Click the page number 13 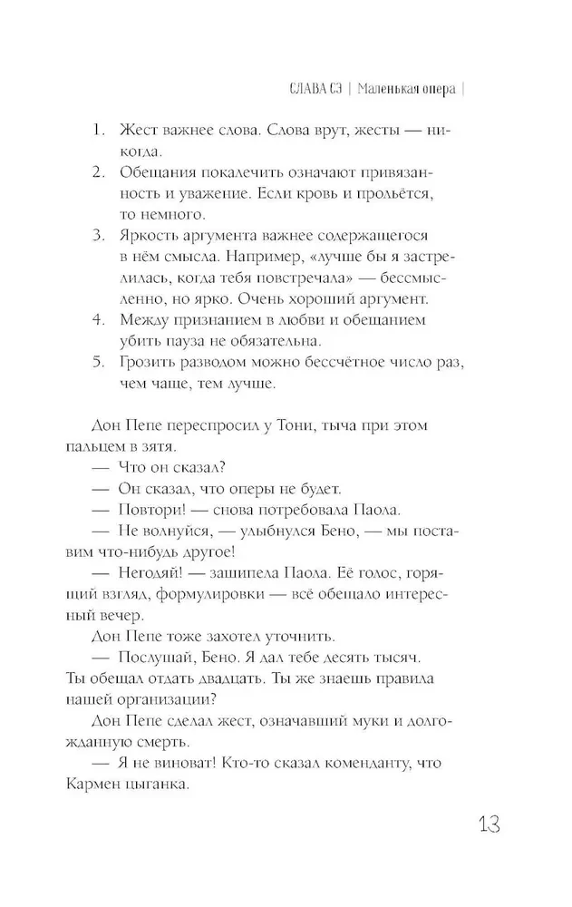point(484,826)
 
